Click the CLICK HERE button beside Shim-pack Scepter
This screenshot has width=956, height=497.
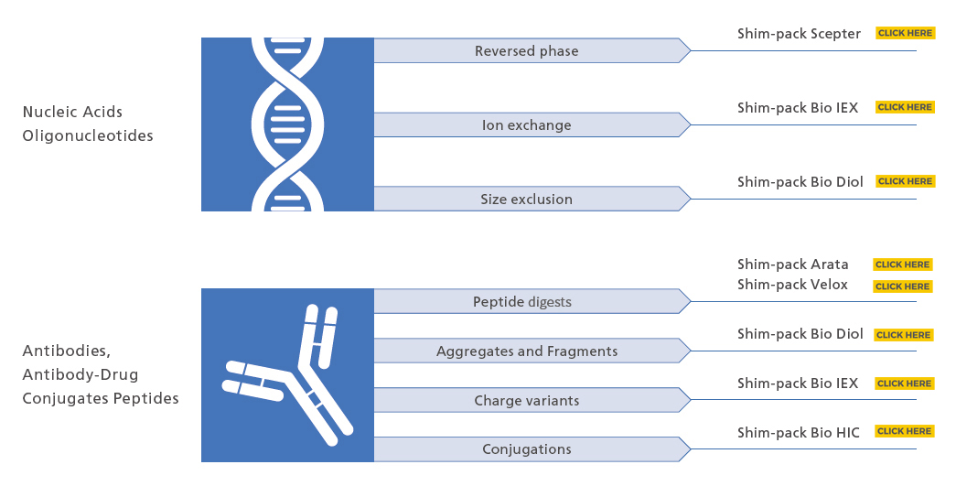click(x=905, y=33)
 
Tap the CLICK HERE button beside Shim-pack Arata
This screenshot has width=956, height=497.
click(x=902, y=265)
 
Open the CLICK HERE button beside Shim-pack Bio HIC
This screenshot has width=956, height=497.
click(x=904, y=431)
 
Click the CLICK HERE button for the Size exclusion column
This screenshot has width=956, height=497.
click(x=905, y=181)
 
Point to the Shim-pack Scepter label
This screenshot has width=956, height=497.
click(x=799, y=34)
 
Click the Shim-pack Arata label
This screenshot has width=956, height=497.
click(x=792, y=264)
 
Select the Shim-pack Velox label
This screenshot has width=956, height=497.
click(x=792, y=284)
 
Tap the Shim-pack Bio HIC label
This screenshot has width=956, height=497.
click(x=798, y=432)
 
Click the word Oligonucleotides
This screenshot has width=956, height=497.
click(x=88, y=135)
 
